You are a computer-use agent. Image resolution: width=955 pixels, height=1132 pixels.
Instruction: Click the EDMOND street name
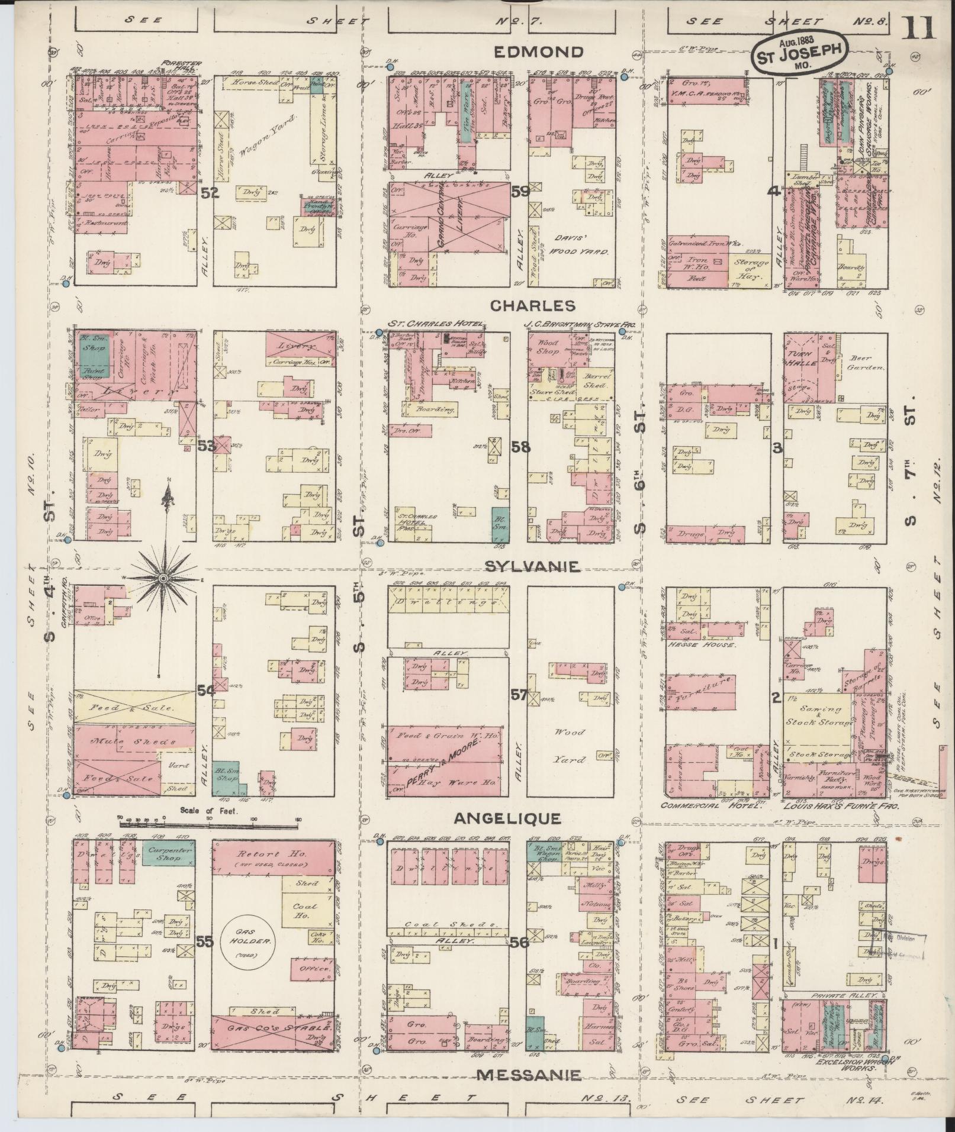538,52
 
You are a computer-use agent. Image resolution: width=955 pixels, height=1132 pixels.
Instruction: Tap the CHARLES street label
533,306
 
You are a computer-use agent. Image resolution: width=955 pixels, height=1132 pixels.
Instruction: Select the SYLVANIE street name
531,567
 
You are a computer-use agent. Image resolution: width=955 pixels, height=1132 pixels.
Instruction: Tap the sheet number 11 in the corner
918,28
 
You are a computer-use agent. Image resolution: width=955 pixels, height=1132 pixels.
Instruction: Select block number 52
210,192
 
